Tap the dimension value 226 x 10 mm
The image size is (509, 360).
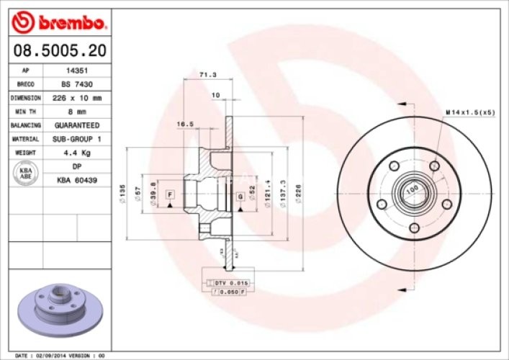(77, 98)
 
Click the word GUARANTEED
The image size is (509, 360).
(77, 125)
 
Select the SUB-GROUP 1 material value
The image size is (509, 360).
(77, 139)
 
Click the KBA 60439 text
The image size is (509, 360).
(77, 179)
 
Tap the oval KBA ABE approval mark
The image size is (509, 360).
(24, 173)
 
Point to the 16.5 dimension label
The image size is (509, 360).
(184, 124)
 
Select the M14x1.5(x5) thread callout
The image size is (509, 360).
(469, 113)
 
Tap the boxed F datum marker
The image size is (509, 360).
(171, 194)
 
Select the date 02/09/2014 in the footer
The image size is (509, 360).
(53, 355)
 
